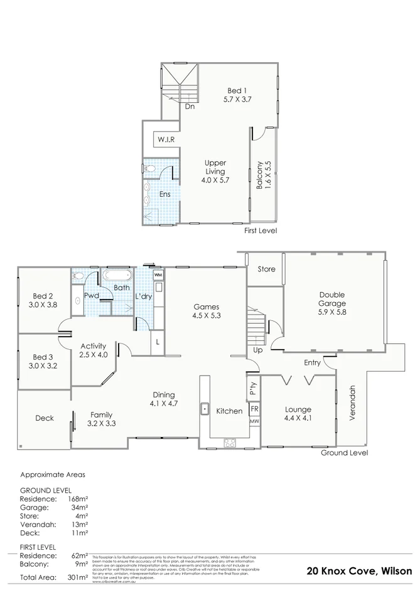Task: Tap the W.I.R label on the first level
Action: [166, 139]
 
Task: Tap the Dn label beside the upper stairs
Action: [190, 107]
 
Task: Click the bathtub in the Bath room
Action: [117, 275]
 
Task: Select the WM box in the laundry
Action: [158, 275]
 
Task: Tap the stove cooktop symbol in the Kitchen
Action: [230, 443]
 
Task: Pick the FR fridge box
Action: [254, 409]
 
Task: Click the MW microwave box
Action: [254, 421]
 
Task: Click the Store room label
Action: [267, 270]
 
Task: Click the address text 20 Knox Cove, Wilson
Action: [360, 570]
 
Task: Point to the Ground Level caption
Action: [344, 453]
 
